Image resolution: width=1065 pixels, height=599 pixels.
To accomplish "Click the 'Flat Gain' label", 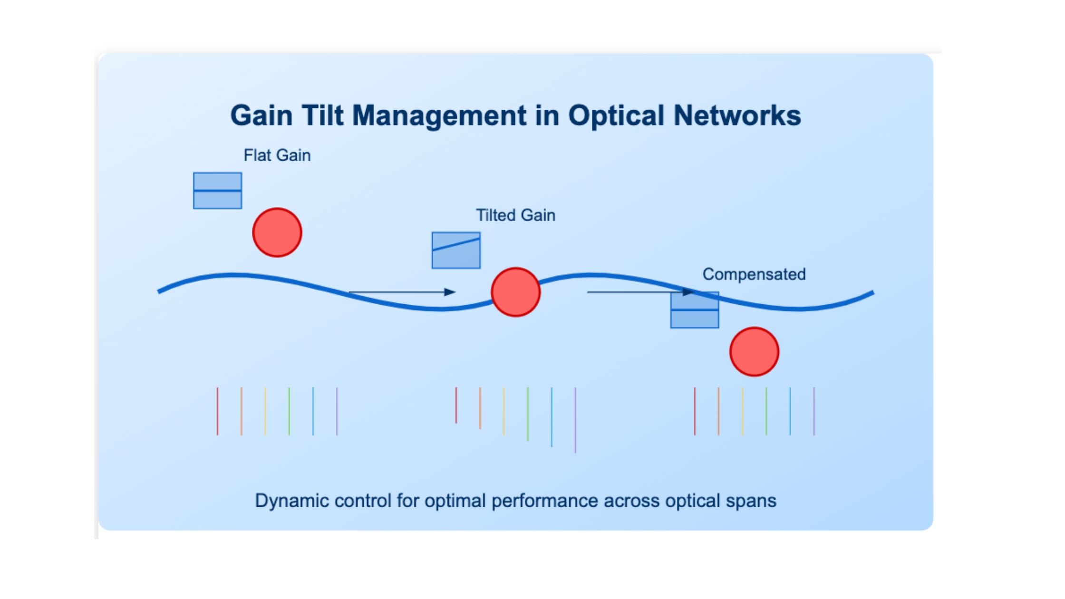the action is [x=277, y=155].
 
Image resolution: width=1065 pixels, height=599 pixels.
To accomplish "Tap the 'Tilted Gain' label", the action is [x=516, y=215].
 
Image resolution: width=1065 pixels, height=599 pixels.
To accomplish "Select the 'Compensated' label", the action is [x=754, y=274].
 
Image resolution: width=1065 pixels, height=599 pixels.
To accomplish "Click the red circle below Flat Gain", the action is [x=277, y=232].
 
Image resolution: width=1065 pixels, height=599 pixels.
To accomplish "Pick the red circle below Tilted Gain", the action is [x=516, y=292].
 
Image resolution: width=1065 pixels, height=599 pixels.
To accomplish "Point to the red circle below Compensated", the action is [x=755, y=352].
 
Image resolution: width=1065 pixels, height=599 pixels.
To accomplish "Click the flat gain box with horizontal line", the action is [x=218, y=191].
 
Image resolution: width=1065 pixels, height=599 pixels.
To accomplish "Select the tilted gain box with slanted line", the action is [x=456, y=251].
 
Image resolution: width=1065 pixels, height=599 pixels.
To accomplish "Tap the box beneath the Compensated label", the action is [x=695, y=310].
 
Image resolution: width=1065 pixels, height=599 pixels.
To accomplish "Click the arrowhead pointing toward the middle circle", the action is [x=450, y=292].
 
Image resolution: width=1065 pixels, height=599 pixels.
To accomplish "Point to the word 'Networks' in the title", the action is [x=737, y=116].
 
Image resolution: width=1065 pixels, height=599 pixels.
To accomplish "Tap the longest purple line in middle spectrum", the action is [x=575, y=420].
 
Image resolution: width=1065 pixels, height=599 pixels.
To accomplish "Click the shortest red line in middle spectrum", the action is [x=456, y=405].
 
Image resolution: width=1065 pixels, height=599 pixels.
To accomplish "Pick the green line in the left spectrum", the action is [x=289, y=411].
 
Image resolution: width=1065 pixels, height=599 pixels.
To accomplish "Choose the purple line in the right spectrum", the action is [x=814, y=411].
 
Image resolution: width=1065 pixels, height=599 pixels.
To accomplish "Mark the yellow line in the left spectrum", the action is [x=265, y=411].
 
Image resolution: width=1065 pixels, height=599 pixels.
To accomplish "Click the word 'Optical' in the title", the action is [x=616, y=116].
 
